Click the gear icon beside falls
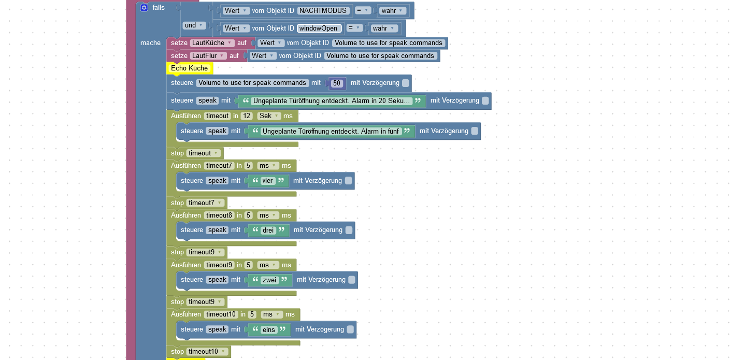144,8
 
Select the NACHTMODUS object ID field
323,10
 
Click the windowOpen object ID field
319,28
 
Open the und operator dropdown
194,25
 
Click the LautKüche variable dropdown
212,43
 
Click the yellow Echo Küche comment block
190,68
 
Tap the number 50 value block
337,83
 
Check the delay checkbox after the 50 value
406,83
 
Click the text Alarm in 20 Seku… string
332,101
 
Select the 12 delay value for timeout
247,116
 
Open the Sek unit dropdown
269,116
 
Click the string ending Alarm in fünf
331,132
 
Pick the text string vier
267,181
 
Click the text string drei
268,230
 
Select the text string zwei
269,280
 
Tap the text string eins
268,329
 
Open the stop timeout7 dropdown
206,203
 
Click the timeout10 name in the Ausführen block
221,314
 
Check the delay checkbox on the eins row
350,329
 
